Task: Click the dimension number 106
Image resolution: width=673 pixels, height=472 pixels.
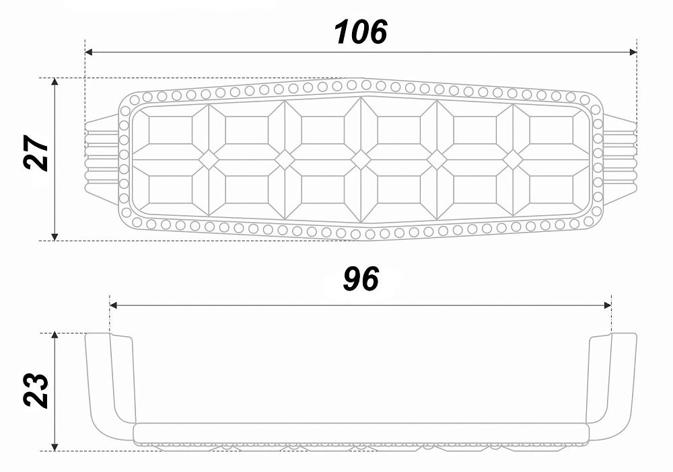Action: point(361,32)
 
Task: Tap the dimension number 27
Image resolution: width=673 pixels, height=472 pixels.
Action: point(36,153)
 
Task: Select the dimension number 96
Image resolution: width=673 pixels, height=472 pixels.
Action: point(361,279)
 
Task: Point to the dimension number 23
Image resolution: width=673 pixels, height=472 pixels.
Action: point(36,391)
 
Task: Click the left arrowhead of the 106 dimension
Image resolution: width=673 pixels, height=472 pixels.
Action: point(89,52)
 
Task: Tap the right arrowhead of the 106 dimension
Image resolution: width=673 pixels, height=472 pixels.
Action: point(633,52)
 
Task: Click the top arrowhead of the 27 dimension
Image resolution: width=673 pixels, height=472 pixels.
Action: point(55,82)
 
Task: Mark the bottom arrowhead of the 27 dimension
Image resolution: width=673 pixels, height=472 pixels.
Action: point(55,237)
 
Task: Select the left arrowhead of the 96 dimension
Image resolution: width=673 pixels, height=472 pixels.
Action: point(114,305)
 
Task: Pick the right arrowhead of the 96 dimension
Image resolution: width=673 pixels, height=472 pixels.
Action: point(607,305)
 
